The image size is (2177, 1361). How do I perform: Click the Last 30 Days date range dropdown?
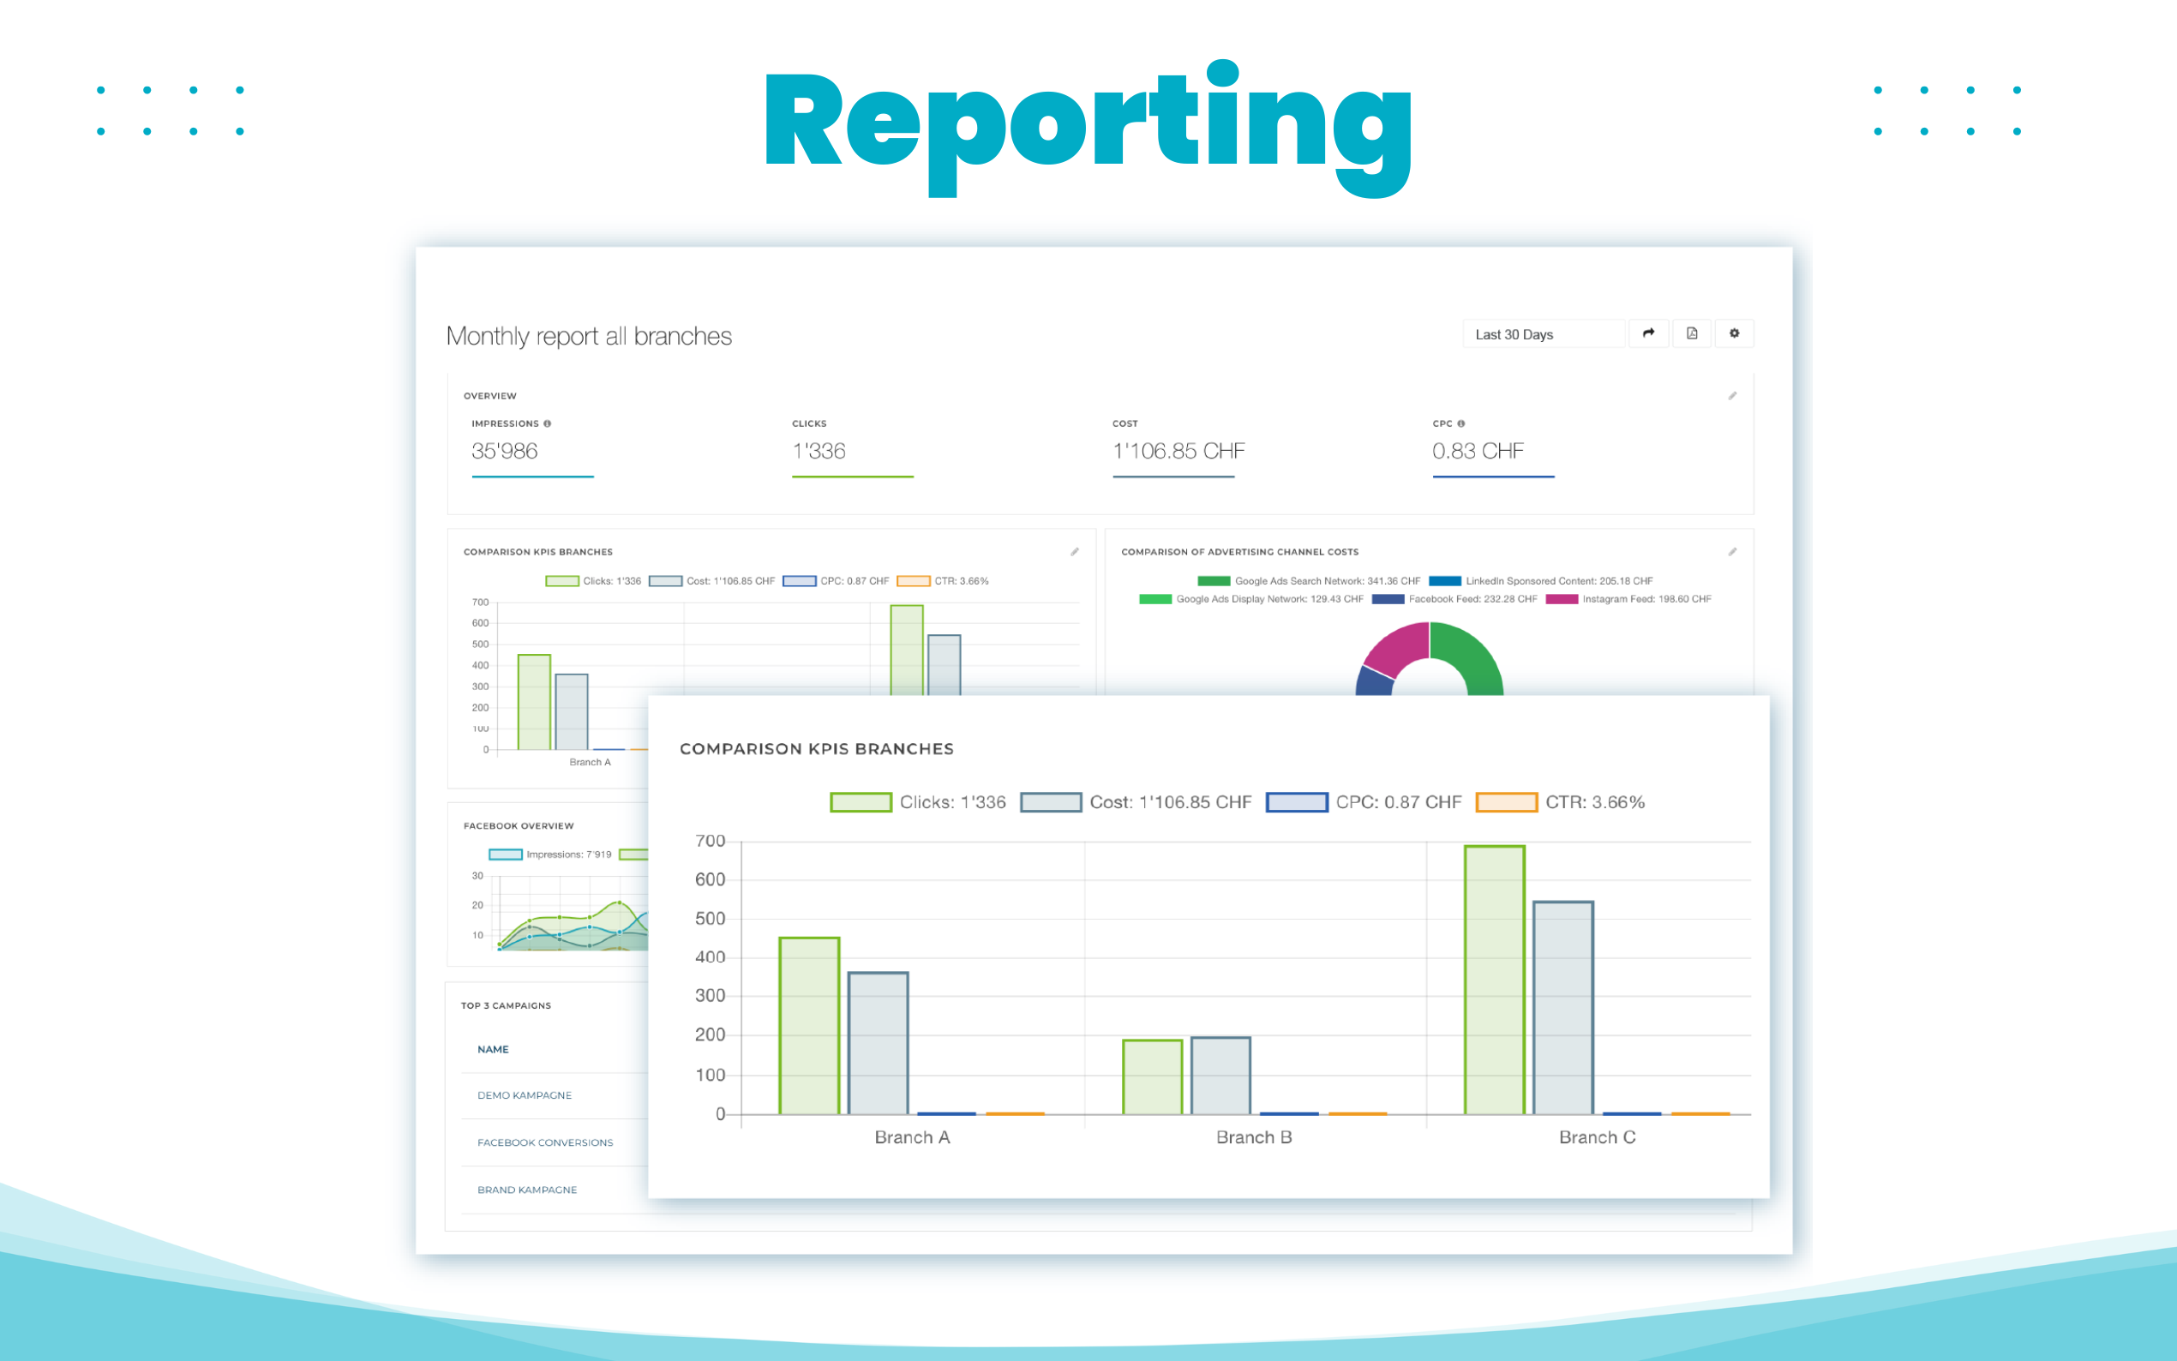pyautogui.click(x=1543, y=334)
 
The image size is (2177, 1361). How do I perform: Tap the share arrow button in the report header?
pyautogui.click(x=1648, y=334)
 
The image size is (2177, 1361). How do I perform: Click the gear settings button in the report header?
pyautogui.click(x=1733, y=334)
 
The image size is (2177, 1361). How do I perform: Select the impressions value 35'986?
pyautogui.click(x=504, y=451)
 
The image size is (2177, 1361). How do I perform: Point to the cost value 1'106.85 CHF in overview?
pyautogui.click(x=1178, y=451)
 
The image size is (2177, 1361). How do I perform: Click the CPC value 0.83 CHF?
pyautogui.click(x=1477, y=451)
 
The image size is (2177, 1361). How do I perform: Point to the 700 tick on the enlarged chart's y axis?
pyautogui.click(x=710, y=841)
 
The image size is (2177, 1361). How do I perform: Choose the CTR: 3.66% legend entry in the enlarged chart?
pyautogui.click(x=1561, y=802)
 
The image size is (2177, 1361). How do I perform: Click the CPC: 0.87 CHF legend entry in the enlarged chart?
pyautogui.click(x=1364, y=802)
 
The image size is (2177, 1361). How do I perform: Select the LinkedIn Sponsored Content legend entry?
pyautogui.click(x=1541, y=581)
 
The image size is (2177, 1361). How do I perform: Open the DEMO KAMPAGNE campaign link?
pyautogui.click(x=524, y=1095)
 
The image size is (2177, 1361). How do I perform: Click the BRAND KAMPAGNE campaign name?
pyautogui.click(x=526, y=1190)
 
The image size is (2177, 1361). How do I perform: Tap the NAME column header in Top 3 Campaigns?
pyautogui.click(x=492, y=1050)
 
